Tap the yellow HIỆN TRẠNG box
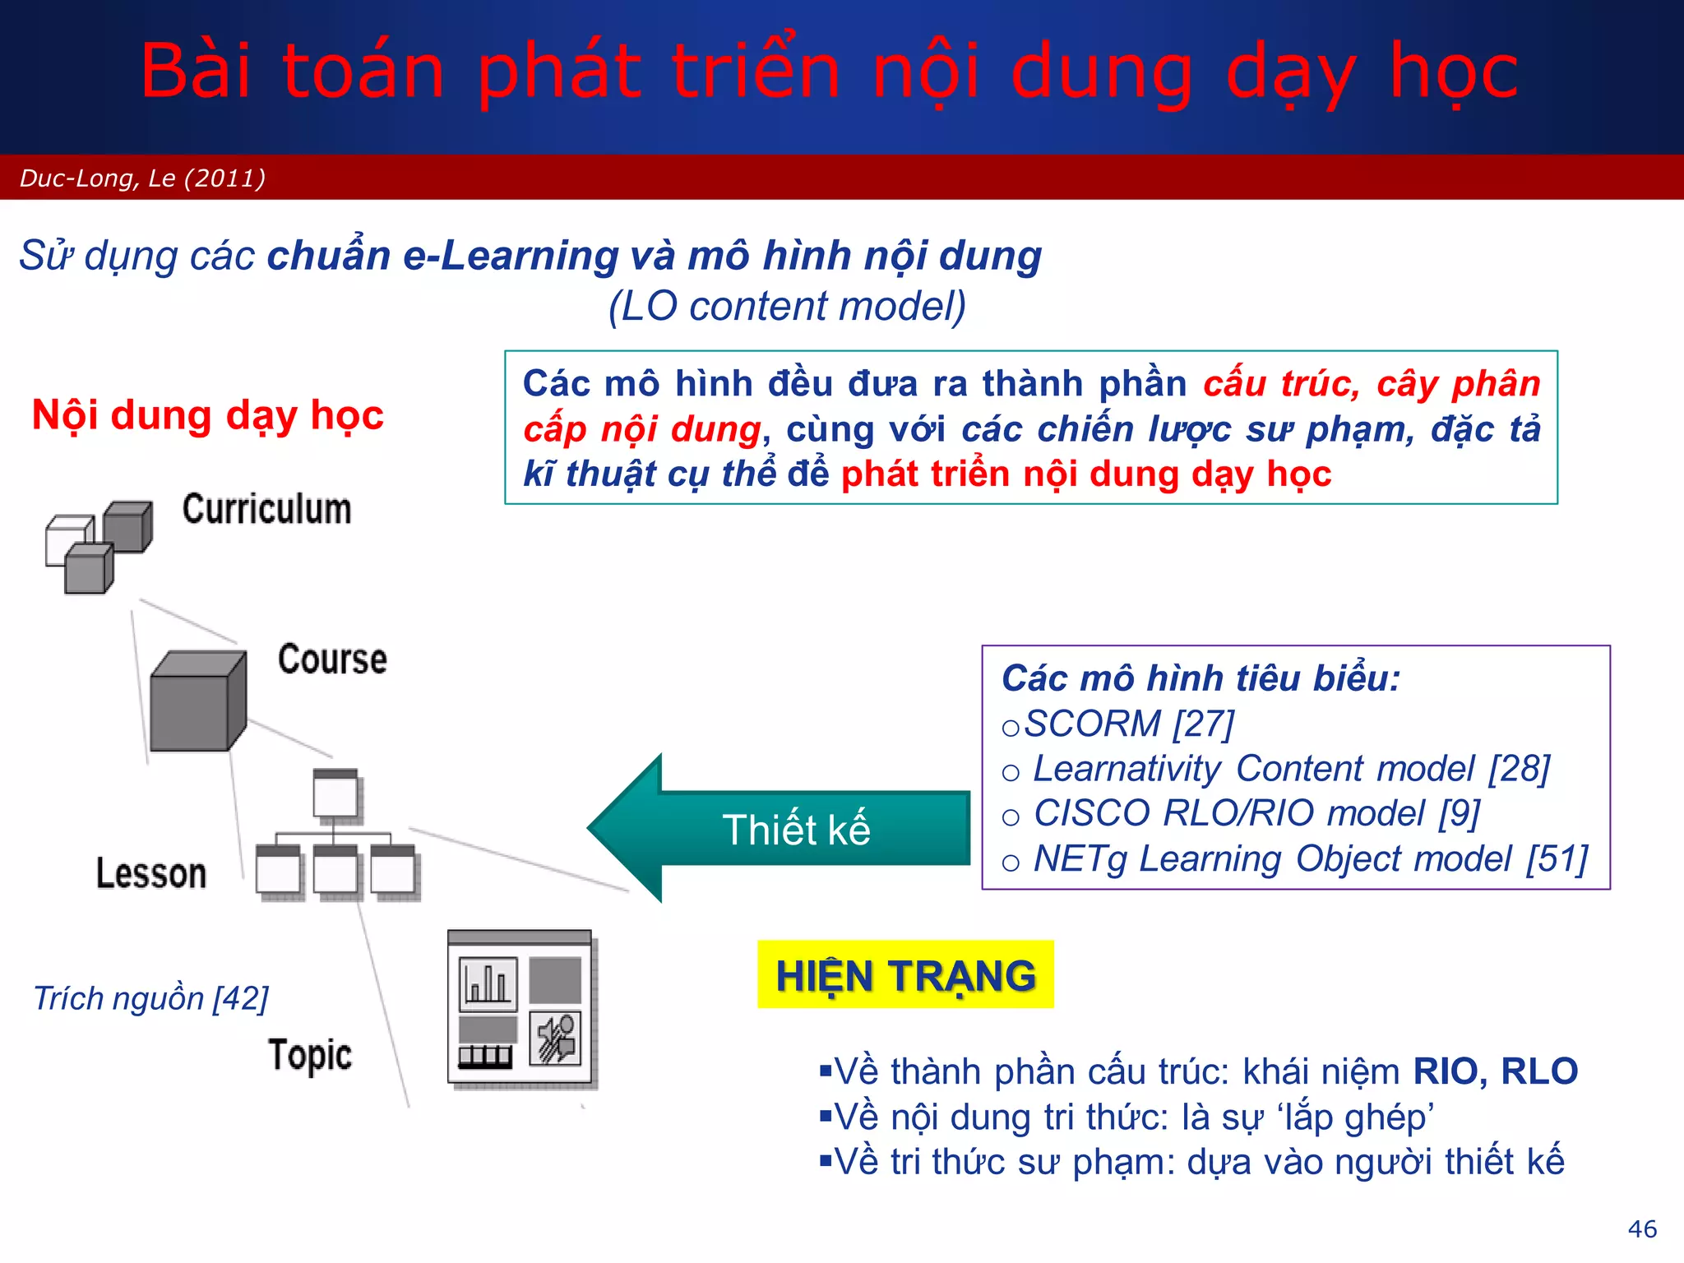click(x=905, y=975)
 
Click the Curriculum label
click(x=266, y=509)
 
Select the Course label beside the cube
click(x=332, y=659)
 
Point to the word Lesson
click(x=151, y=873)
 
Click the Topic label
click(x=310, y=1055)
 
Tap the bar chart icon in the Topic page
click(x=488, y=983)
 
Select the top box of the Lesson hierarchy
click(x=335, y=793)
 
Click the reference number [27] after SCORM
click(x=1204, y=724)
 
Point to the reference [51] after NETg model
click(x=1557, y=859)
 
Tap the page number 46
click(x=1642, y=1228)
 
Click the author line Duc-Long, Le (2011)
click(x=142, y=178)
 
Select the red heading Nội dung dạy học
click(x=207, y=415)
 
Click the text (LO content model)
click(x=787, y=307)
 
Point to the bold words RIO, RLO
click(x=1495, y=1071)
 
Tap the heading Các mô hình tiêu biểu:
click(x=1201, y=679)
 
